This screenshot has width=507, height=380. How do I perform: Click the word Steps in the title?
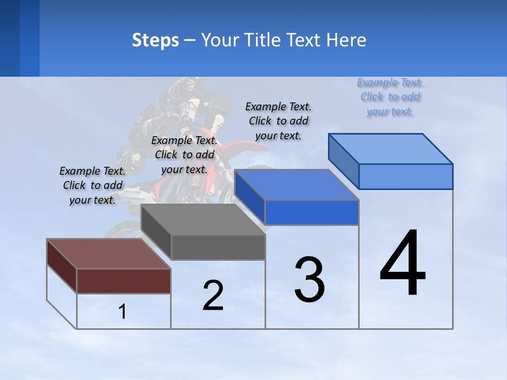pyautogui.click(x=155, y=40)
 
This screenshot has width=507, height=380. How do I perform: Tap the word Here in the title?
pyautogui.click(x=346, y=40)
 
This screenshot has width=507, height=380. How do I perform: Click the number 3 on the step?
pyautogui.click(x=309, y=279)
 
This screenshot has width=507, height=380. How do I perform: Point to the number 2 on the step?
pyautogui.click(x=213, y=296)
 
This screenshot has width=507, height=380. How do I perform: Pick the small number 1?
pyautogui.click(x=123, y=312)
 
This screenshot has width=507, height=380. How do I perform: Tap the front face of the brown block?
pyautogui.click(x=124, y=281)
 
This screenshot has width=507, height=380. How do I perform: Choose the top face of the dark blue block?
pyautogui.click(x=296, y=185)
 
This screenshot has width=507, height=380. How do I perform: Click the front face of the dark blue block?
pyautogui.click(x=312, y=212)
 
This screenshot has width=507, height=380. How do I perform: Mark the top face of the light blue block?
pyautogui.click(x=390, y=148)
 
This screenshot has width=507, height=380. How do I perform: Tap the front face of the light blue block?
pyautogui.click(x=406, y=176)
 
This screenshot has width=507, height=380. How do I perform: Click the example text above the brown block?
pyautogui.click(x=92, y=185)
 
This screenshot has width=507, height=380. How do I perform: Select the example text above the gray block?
pyautogui.click(x=184, y=155)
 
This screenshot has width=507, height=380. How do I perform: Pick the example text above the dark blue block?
pyautogui.click(x=278, y=121)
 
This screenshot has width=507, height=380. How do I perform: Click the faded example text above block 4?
pyautogui.click(x=390, y=97)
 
